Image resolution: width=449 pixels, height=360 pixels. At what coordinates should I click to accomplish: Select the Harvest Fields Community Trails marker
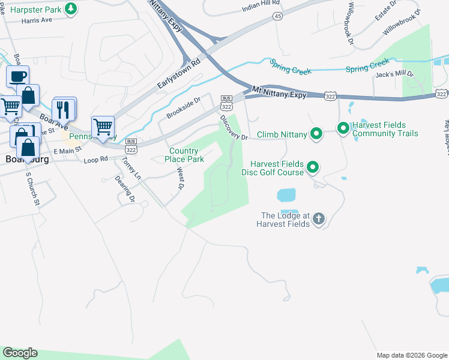tap(343, 128)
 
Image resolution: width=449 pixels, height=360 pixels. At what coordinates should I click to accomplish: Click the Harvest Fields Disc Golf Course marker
tap(312, 168)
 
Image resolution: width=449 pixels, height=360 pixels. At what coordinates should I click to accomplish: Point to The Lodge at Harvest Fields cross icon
tap(318, 219)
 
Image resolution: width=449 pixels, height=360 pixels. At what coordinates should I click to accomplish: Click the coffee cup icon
tap(17, 77)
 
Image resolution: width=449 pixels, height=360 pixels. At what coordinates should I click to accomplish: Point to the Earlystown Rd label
tap(178, 75)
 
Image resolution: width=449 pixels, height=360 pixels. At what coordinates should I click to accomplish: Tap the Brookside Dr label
tap(184, 109)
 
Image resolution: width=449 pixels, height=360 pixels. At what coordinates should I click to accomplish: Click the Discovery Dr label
tap(234, 128)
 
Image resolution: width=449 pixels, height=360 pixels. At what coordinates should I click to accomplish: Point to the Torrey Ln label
tap(131, 169)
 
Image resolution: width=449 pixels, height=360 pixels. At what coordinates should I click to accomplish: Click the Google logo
tap(20, 353)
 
